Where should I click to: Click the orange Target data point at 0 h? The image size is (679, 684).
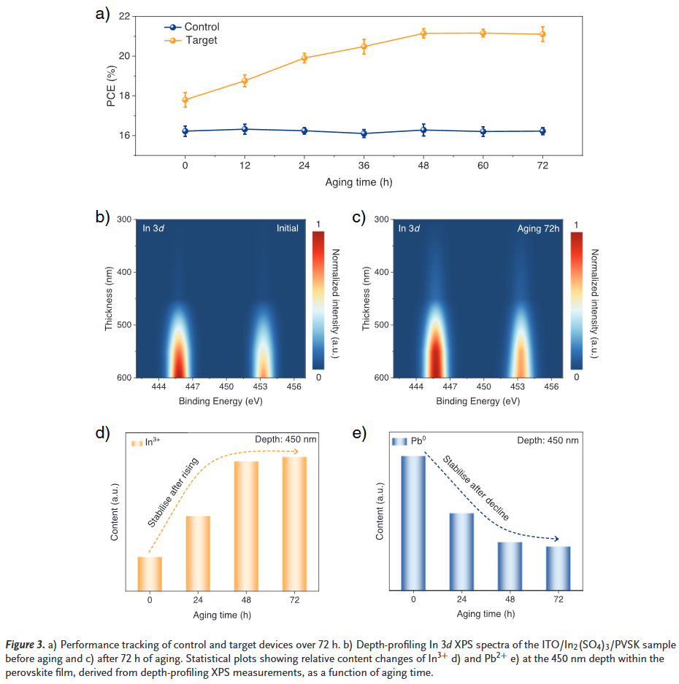(185, 99)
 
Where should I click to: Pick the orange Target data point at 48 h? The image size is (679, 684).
(423, 33)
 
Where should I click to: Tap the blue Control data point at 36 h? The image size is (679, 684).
(364, 133)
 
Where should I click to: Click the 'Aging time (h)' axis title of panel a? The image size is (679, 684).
(364, 182)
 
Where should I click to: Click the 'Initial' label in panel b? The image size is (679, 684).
(287, 228)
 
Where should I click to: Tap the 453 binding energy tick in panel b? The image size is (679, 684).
(260, 386)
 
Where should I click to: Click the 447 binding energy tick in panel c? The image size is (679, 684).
(450, 386)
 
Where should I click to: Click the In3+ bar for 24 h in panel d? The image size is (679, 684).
(198, 552)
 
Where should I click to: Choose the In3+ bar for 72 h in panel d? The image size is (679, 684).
(294, 523)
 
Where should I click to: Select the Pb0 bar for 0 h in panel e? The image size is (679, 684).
(413, 522)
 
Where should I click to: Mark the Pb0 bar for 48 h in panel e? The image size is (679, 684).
(510, 565)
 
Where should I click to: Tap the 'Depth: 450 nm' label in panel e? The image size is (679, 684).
(548, 440)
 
